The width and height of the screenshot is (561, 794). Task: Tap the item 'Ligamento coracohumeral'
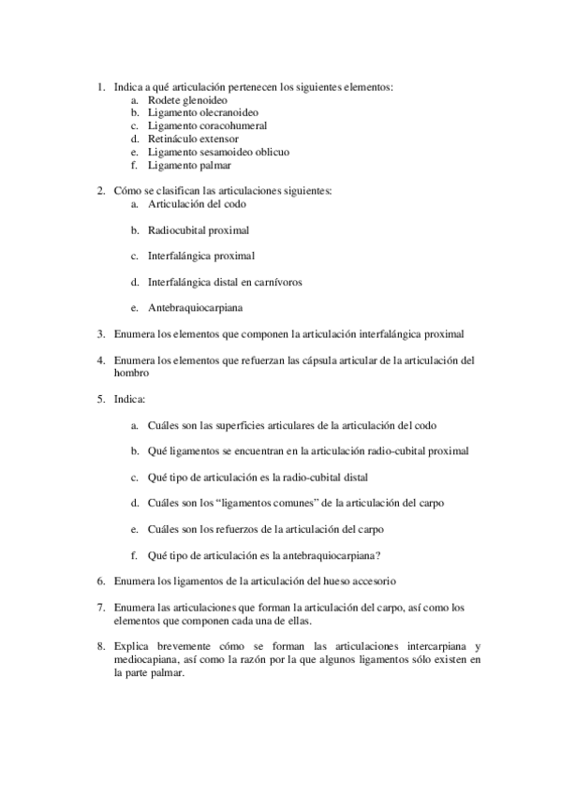(207, 125)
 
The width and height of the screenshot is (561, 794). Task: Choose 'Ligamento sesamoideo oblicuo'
(218, 152)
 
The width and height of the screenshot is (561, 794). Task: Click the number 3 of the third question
(101, 332)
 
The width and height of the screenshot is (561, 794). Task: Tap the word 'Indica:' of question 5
(129, 398)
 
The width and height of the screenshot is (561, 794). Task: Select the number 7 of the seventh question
(101, 608)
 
